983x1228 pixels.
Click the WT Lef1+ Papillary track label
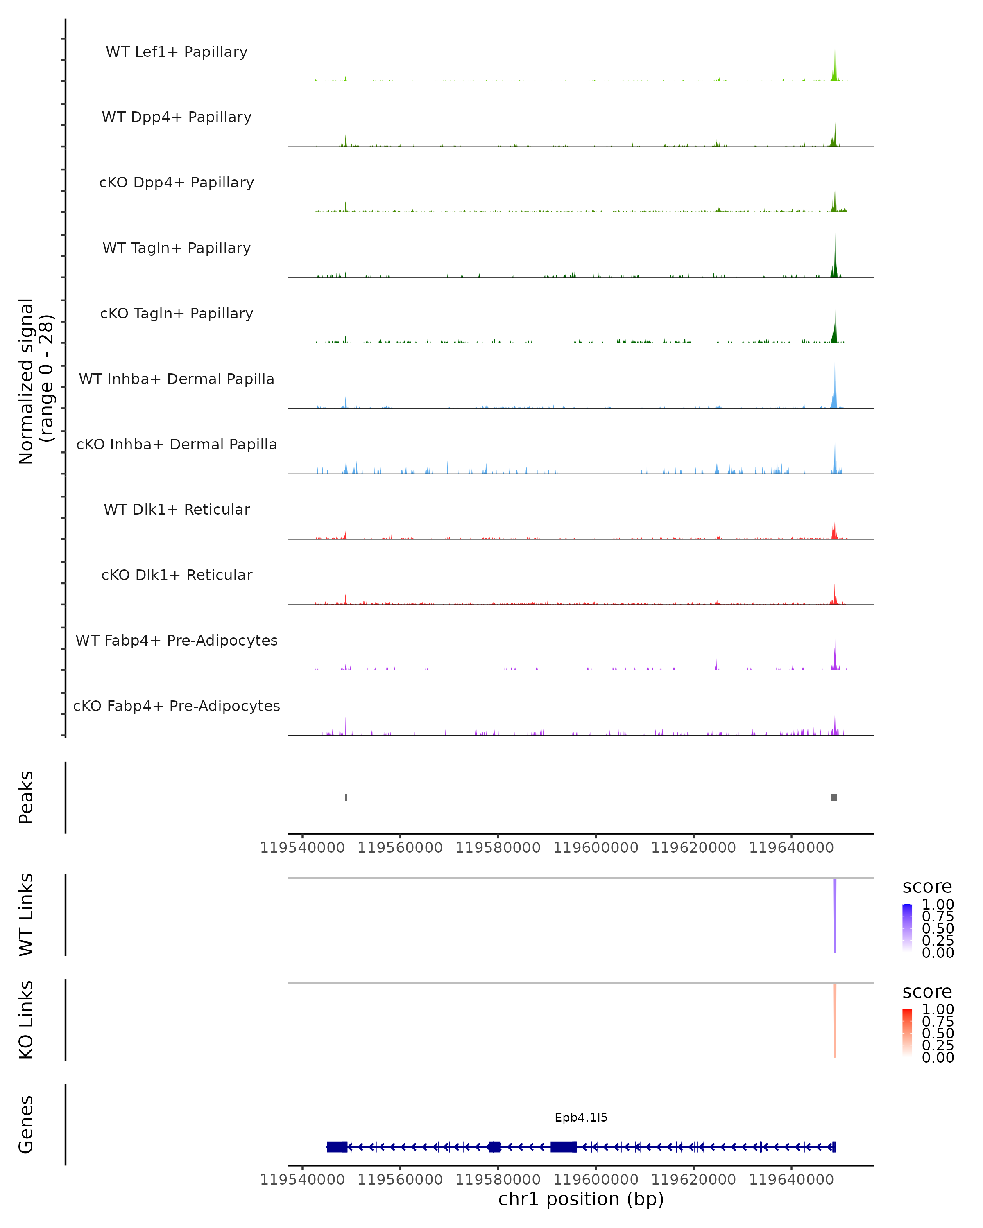click(177, 52)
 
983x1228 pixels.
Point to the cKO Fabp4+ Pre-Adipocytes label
click(177, 706)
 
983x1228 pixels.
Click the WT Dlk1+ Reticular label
click(177, 509)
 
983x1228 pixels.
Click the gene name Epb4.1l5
click(581, 1117)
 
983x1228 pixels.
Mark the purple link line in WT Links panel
click(835, 914)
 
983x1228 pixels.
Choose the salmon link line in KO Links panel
click(835, 1020)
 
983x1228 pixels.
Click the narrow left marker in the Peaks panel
click(346, 797)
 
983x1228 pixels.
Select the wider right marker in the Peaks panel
click(834, 797)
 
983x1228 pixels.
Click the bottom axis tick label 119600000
click(596, 1180)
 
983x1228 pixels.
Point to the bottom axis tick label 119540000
click(303, 1180)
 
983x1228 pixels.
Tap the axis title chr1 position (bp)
click(581, 1199)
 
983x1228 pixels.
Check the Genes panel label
click(26, 1124)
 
